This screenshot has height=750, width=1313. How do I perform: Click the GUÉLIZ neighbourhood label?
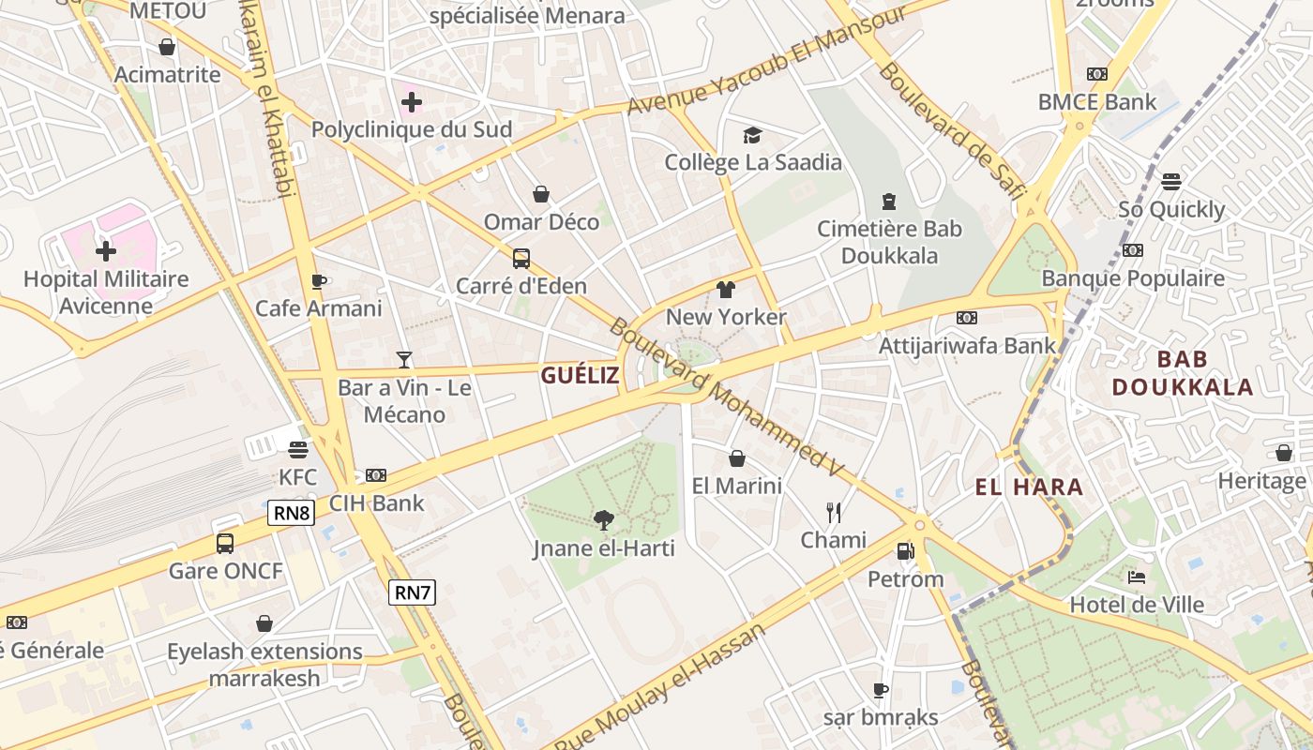[x=580, y=376]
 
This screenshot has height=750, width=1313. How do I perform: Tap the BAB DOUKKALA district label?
[x=1182, y=373]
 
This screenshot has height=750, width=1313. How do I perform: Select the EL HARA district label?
[x=1029, y=487]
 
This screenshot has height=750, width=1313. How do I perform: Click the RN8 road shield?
[x=291, y=513]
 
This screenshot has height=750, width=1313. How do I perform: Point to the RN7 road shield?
[x=413, y=592]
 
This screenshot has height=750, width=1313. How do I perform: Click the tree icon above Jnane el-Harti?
[x=604, y=520]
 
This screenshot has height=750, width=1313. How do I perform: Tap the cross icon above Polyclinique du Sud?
[x=411, y=102]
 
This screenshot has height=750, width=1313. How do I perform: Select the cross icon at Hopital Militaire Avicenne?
[x=106, y=251]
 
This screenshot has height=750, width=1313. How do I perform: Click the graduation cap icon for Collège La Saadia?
[x=752, y=136]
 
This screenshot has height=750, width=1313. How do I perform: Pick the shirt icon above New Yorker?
[x=726, y=290]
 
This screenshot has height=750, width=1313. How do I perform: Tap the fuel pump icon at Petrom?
[x=905, y=551]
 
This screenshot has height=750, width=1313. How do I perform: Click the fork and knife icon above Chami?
[x=833, y=512]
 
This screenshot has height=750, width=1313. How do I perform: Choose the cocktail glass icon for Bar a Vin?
[x=404, y=359]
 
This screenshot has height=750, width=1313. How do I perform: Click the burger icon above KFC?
[x=298, y=449]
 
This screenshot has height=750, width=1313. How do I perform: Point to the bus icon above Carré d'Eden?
[x=521, y=259]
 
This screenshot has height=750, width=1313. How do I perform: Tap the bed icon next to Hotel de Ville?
[x=1137, y=577]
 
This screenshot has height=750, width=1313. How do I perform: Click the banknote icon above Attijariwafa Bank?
[x=967, y=318]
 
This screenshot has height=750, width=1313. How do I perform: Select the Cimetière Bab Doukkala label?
[x=889, y=242]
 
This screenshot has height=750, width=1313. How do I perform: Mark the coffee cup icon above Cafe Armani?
[x=319, y=281]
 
